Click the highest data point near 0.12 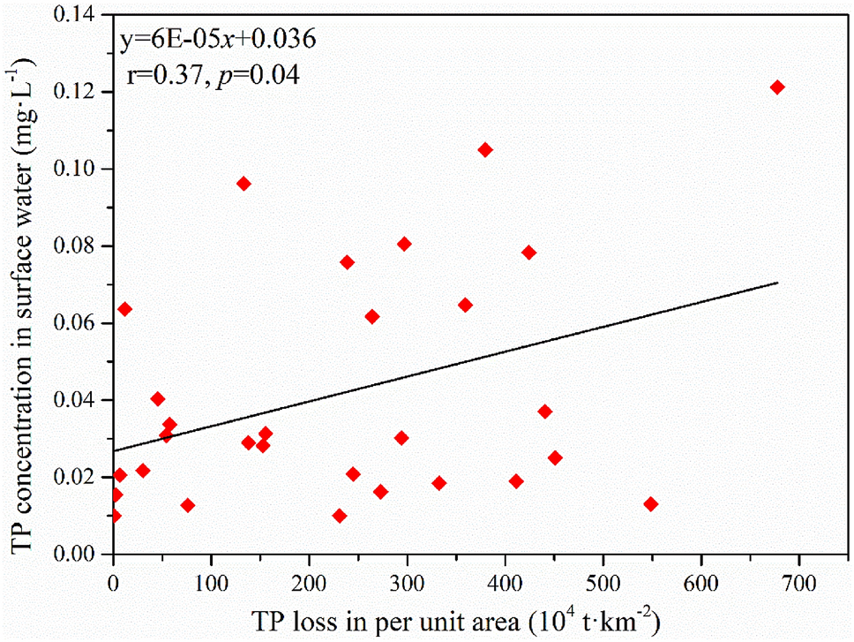[777, 87]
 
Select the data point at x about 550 [651, 504]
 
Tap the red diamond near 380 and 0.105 [485, 150]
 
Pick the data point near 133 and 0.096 [243, 184]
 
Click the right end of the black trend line [777, 283]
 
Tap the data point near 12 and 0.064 [124, 309]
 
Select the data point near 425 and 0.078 [529, 253]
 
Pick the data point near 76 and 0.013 [187, 505]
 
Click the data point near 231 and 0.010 [340, 516]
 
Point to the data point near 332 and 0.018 [438, 483]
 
